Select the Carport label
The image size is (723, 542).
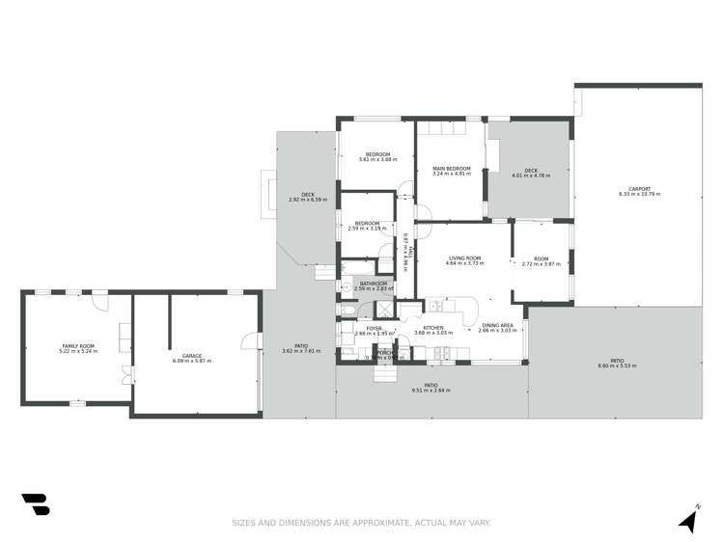tap(639, 188)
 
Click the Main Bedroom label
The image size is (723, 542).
tap(450, 169)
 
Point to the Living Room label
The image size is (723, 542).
tap(464, 258)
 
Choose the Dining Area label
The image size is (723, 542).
tap(498, 326)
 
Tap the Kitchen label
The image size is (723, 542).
tap(432, 328)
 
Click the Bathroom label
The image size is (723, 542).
tap(374, 284)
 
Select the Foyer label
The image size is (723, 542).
tap(374, 328)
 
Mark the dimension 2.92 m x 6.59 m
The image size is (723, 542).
tap(307, 200)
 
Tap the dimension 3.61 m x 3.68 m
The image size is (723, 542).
tap(377, 159)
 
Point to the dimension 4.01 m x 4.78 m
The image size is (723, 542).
tap(530, 175)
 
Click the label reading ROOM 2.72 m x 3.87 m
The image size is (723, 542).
tap(541, 260)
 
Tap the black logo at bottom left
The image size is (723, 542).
tap(35, 503)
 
